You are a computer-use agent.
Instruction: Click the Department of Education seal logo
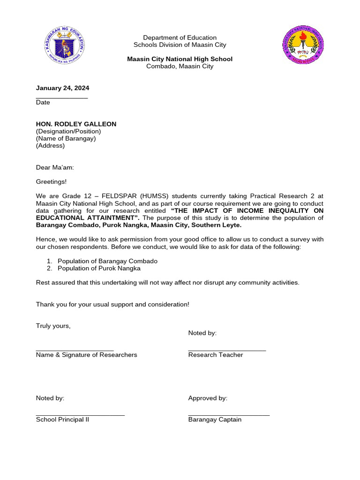[x=65, y=45]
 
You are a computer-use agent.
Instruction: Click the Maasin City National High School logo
[x=302, y=45]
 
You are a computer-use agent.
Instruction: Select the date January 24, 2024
[x=62, y=88]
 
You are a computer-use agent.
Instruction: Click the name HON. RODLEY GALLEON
[x=76, y=124]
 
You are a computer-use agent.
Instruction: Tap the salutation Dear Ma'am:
[x=55, y=167]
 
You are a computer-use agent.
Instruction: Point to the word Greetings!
[x=51, y=182]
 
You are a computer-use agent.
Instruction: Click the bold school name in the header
[x=180, y=59]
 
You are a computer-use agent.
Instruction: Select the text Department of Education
[x=180, y=37]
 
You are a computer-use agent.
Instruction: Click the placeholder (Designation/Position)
[x=68, y=131]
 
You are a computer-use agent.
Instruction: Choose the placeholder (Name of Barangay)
[x=66, y=138]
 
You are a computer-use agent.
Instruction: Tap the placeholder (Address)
[x=50, y=145]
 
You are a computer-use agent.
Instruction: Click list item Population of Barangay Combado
[x=107, y=261]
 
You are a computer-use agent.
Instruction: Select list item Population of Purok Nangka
[x=99, y=268]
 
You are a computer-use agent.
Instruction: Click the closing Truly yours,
[x=53, y=326]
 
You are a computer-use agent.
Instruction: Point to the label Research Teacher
[x=216, y=355]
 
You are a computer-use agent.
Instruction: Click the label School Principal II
[x=62, y=420]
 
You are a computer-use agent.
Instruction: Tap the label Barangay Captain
[x=215, y=420]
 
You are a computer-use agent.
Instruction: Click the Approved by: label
[x=208, y=398]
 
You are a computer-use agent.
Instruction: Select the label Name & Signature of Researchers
[x=86, y=355]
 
